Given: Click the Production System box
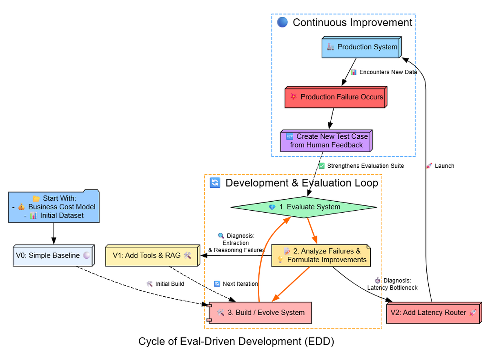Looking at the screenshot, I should tap(361, 48).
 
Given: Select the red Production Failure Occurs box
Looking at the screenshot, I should tap(335, 98).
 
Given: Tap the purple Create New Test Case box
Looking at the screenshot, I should tap(325, 141).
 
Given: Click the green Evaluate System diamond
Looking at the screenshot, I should tap(304, 207).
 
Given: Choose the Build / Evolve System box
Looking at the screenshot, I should tap(260, 313).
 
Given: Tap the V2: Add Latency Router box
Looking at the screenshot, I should tap(432, 313).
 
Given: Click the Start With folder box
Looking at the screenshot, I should tap(54, 207).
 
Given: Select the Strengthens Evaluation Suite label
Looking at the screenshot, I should tap(361, 166).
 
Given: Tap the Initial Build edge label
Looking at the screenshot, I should tap(165, 284).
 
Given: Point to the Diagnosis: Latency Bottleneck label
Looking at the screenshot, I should tap(392, 284).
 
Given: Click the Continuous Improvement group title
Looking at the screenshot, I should tap(352, 22).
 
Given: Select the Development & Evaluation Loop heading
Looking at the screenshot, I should tap(302, 183).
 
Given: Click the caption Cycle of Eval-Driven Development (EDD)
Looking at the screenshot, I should tap(236, 341).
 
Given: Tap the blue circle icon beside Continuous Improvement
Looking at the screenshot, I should tap(282, 22).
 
